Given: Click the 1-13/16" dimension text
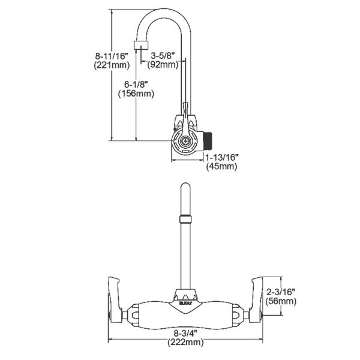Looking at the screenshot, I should coord(221,157).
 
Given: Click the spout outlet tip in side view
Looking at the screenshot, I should coord(142,46).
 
